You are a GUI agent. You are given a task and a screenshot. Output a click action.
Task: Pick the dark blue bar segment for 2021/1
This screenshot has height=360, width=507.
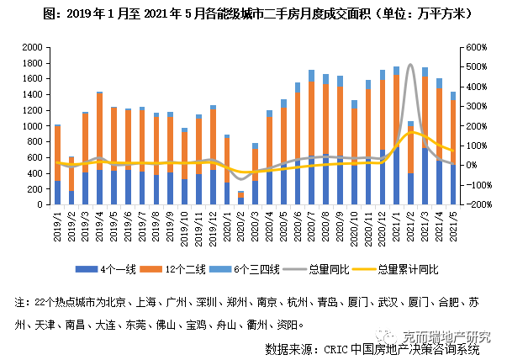click(x=396, y=177)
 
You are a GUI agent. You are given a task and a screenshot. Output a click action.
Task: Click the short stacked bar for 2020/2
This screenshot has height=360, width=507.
click(x=240, y=198)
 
